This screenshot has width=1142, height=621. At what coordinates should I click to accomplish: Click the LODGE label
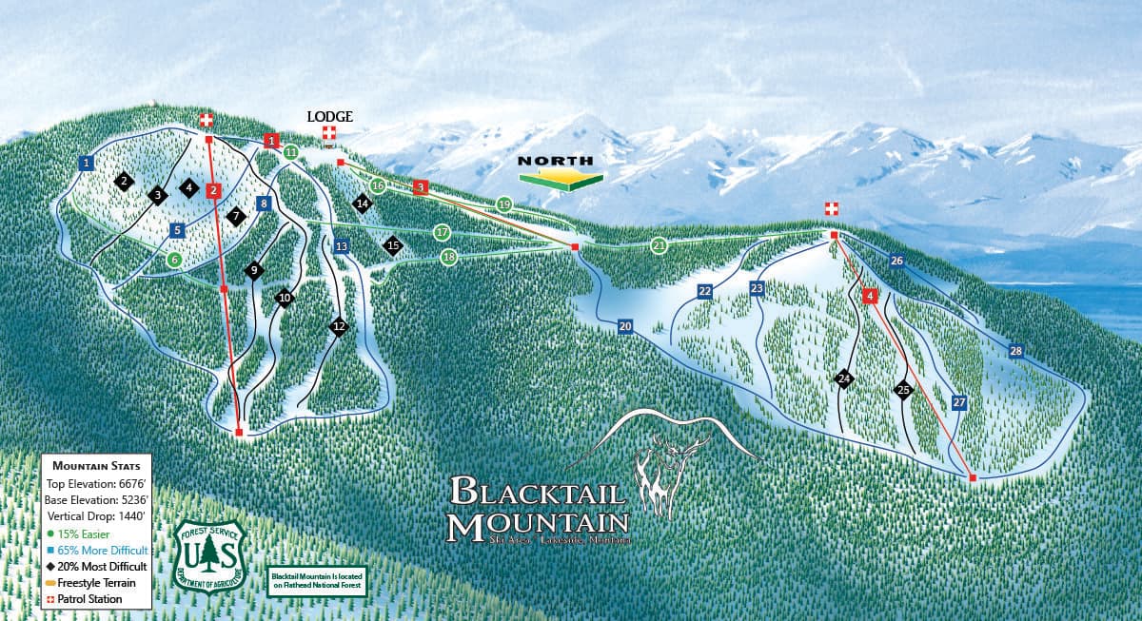(x=329, y=116)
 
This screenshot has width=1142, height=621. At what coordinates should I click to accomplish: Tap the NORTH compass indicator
(x=560, y=169)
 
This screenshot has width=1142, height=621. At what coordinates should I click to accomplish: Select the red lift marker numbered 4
(x=869, y=296)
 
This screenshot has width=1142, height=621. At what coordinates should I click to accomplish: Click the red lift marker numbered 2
(x=214, y=190)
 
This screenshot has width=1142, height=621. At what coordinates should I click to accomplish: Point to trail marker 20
(x=624, y=326)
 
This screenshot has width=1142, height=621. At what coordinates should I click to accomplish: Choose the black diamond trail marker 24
(x=843, y=378)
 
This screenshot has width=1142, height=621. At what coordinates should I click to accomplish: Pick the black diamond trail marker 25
(x=903, y=389)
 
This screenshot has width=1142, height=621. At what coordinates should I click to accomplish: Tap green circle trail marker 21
(x=660, y=245)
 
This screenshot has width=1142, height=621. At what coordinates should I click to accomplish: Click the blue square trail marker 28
(x=1016, y=351)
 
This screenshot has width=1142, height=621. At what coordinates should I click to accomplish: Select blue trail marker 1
(x=87, y=163)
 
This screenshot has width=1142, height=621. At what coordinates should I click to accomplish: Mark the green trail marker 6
(x=174, y=259)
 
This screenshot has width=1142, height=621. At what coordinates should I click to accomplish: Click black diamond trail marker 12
(x=339, y=326)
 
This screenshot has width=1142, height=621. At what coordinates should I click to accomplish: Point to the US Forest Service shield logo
(x=208, y=553)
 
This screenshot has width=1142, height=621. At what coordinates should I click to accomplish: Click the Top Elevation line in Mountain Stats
(x=96, y=483)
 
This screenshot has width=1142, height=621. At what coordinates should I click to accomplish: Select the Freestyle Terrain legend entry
(x=96, y=582)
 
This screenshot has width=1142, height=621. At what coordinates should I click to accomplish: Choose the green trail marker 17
(x=442, y=232)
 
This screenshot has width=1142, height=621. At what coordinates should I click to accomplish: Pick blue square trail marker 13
(x=342, y=246)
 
